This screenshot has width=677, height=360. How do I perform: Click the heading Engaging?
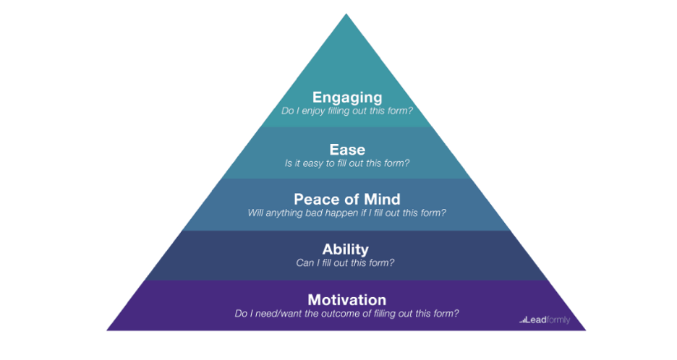point(346,97)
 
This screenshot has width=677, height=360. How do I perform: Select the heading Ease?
point(346,150)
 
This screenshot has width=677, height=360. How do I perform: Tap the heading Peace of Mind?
point(346,199)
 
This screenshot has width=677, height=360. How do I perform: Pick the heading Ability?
point(346,250)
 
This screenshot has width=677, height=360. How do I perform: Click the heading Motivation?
point(346,299)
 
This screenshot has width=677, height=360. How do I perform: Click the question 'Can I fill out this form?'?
point(346,263)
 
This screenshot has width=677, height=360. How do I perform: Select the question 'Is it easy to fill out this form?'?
point(346,163)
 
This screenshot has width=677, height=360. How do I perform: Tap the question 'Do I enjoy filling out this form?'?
point(346,111)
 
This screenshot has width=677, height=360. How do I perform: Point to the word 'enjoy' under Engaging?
point(318,111)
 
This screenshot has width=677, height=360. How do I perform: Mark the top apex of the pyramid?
point(346,14)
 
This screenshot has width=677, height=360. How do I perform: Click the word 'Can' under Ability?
point(305,263)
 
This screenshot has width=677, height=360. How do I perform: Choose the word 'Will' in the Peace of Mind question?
point(256,213)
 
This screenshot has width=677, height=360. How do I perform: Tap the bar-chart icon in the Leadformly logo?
point(523,320)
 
